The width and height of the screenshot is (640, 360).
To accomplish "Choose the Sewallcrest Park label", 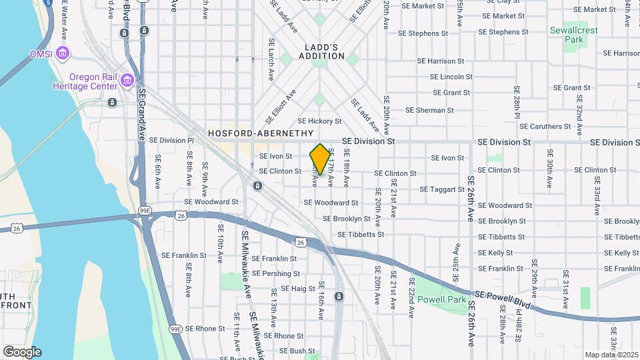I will coord(567,35).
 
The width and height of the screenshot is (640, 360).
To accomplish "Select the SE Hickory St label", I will coord(319,121).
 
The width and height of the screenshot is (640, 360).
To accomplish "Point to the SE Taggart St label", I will coord(442,189).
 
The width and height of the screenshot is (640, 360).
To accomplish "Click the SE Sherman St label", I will coord(429,110).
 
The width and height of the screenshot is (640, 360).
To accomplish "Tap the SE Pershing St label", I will coord(276,273).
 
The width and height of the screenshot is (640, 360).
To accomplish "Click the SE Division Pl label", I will coord(171,141).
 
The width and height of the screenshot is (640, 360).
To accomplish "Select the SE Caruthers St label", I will coord(545,126).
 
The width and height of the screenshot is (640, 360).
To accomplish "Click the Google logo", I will coord(22,352).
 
